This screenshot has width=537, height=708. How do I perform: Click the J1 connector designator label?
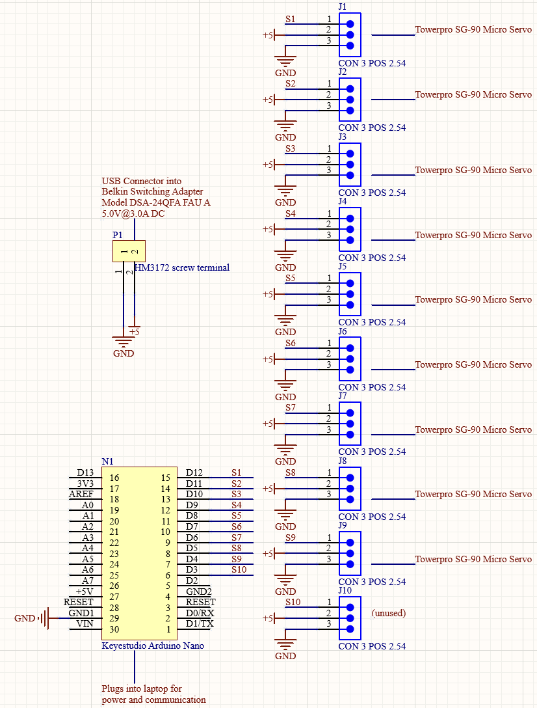coord(343,7)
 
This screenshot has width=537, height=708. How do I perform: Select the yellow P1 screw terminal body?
coord(129,251)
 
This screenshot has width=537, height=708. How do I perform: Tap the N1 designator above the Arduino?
coord(107,461)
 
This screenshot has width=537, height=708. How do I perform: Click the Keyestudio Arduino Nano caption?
coord(153,646)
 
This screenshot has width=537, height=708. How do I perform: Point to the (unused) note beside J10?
coord(388,613)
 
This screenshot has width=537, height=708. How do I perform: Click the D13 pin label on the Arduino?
coord(85,472)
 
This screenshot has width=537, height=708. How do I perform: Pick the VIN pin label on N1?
coord(85,623)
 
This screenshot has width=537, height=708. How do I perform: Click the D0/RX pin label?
coord(200,613)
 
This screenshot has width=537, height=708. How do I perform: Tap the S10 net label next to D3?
coord(239,569)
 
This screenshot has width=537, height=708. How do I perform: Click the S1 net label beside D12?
coord(236,472)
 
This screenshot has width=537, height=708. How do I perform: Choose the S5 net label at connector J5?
coord(290,278)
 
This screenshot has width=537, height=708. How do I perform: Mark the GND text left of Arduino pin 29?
coord(25,618)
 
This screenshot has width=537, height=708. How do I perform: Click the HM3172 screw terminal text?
coord(182,267)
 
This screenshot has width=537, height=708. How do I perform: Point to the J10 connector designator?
coord(345,590)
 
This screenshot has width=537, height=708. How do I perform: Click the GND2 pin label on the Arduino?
coord(199,592)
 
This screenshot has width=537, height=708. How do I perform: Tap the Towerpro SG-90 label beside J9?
coord(473,559)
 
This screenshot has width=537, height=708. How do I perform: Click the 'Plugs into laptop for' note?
coord(142,688)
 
